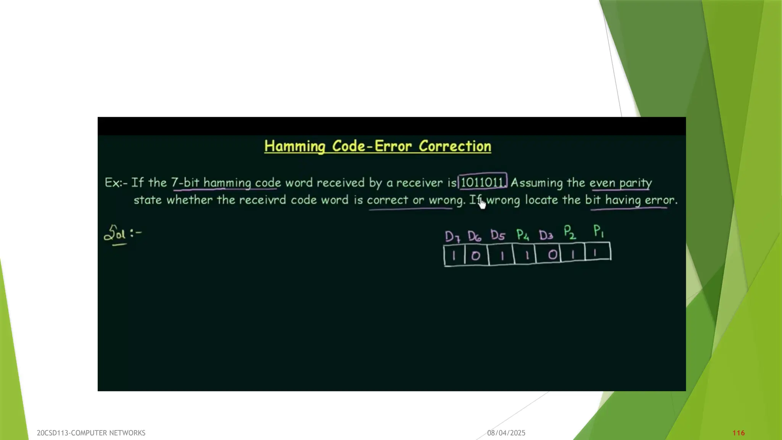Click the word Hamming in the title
(294, 146)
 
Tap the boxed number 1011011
(482, 182)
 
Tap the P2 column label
(570, 232)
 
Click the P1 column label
(598, 231)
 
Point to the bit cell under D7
(454, 256)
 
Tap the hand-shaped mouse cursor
(482, 204)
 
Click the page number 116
(738, 433)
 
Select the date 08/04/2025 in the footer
(506, 433)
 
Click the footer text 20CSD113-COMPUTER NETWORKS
(91, 433)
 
